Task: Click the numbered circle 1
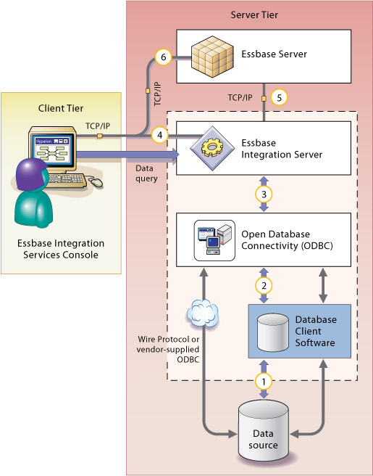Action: tap(264, 379)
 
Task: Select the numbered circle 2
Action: tap(264, 286)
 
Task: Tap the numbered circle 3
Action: tap(264, 194)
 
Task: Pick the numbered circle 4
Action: tap(159, 134)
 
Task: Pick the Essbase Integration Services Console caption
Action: tap(61, 248)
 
